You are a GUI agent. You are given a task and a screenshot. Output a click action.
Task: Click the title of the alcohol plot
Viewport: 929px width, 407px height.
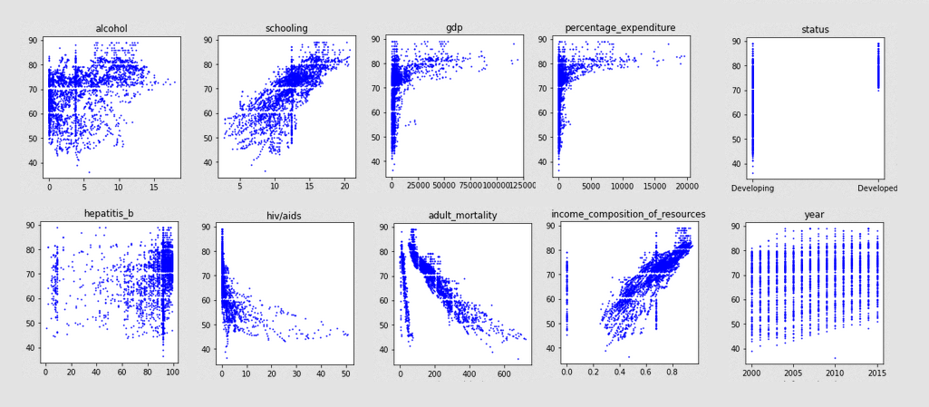111,28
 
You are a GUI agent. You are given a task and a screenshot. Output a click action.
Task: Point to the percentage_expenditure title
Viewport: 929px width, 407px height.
624,27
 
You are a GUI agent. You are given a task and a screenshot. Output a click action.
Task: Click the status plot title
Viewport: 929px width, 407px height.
815,29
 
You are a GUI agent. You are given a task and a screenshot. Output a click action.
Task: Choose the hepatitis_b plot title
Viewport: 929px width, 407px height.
109,214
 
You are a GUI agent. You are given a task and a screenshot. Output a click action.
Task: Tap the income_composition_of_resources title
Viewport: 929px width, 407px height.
627,214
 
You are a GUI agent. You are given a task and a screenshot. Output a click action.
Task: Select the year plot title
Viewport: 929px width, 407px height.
815,215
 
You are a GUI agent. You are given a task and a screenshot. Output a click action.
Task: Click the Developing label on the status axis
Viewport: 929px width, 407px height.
752,189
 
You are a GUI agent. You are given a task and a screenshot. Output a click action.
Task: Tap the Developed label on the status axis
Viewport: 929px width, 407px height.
877,189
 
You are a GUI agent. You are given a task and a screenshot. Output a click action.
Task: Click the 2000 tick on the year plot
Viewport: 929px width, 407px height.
752,373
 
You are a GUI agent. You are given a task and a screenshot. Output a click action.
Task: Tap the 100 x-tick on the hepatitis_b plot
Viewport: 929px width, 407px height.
171,373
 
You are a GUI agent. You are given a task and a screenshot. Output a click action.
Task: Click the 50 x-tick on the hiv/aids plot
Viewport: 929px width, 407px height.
344,373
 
